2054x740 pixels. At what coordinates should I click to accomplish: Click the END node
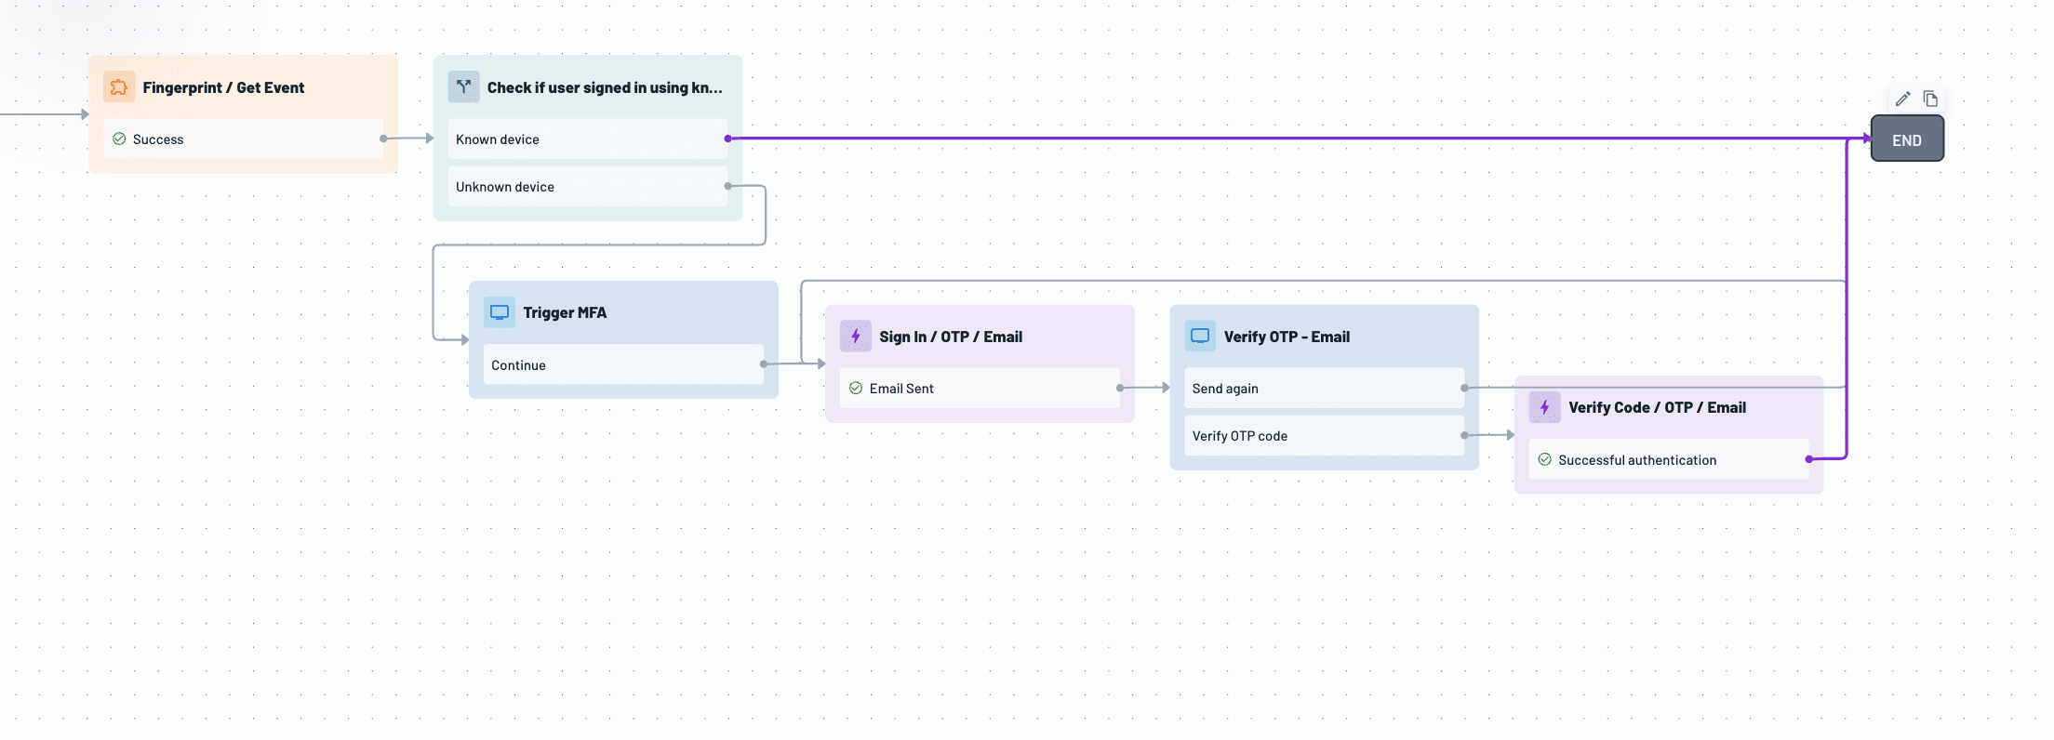point(1906,139)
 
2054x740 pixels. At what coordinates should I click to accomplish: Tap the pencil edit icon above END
point(1902,99)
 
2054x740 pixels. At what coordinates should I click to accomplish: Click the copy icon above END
point(1930,99)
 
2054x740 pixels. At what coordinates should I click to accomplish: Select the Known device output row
point(587,139)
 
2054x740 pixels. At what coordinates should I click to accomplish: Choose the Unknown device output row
point(587,187)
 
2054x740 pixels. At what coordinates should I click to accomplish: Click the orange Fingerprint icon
point(119,87)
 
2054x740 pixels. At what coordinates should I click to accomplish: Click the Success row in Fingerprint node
point(243,139)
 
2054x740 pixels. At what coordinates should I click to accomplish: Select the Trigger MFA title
point(565,312)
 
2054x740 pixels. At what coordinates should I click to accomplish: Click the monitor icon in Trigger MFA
point(500,312)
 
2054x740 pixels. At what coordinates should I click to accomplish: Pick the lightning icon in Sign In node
point(856,337)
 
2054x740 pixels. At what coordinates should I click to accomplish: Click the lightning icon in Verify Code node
point(1544,407)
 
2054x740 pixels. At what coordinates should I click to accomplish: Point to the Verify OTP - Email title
point(1287,337)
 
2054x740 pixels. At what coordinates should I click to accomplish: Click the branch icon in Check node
point(463,86)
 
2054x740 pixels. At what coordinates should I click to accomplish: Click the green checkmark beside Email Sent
point(856,389)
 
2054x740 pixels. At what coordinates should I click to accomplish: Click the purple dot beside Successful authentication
point(1808,459)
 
